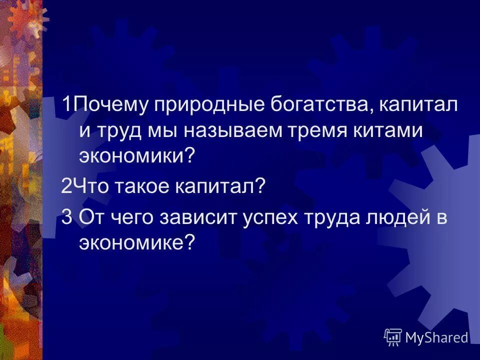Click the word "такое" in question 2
point(142,188)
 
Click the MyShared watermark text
point(436,337)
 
